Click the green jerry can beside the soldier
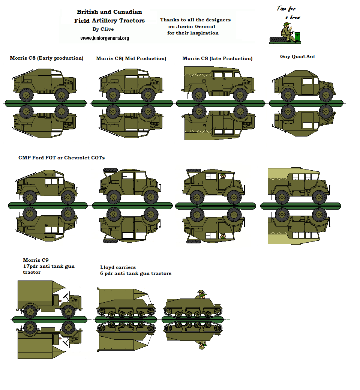(x=297, y=37)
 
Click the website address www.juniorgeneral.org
(x=105, y=38)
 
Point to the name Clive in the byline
(x=107, y=29)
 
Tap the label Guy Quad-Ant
(x=298, y=57)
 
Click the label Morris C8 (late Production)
(x=217, y=58)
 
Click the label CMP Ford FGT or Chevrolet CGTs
(x=61, y=158)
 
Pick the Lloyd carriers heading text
(x=118, y=267)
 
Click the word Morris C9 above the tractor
(x=36, y=260)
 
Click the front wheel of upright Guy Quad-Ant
(x=326, y=94)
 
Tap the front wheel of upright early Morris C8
(x=61, y=94)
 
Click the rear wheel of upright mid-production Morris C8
(x=113, y=94)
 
